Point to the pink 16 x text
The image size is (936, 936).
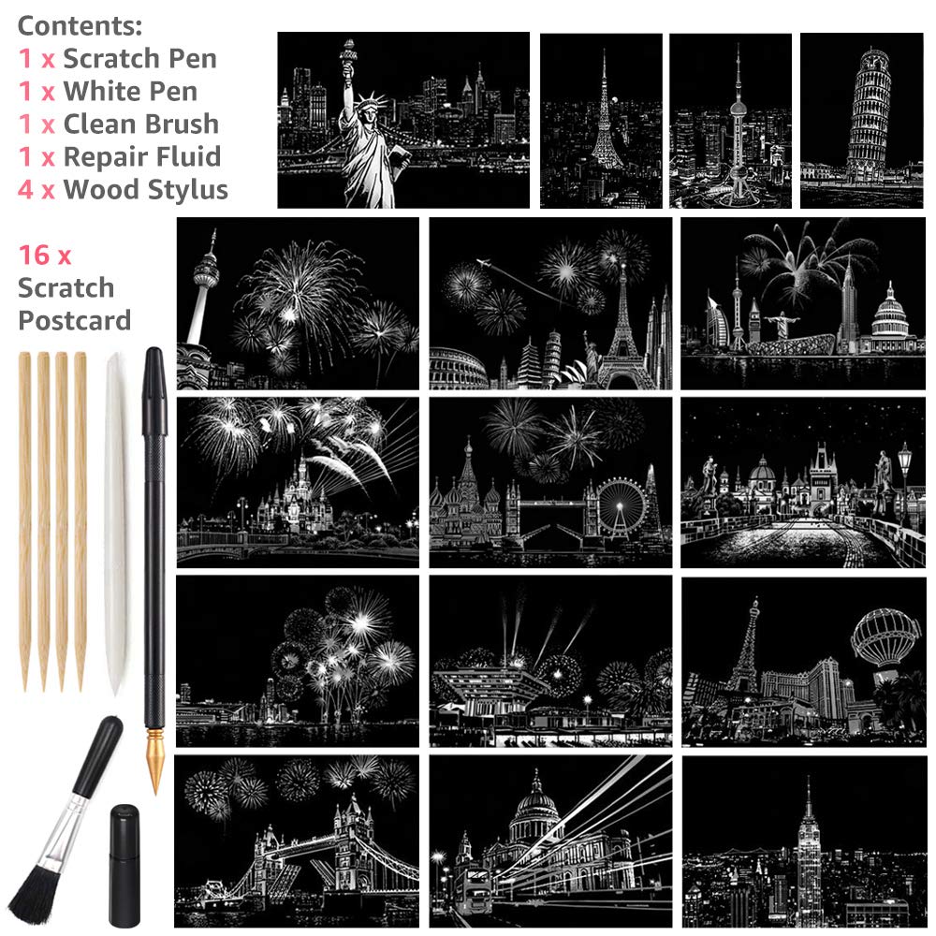point(45,255)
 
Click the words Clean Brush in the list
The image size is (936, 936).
point(140,124)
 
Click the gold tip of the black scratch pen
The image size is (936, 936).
point(154,768)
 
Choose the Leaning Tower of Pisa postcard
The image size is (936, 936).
point(862,121)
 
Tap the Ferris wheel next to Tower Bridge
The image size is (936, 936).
point(619,505)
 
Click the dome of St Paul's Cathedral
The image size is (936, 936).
point(534,800)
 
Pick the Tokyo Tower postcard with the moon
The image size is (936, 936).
point(601,121)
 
